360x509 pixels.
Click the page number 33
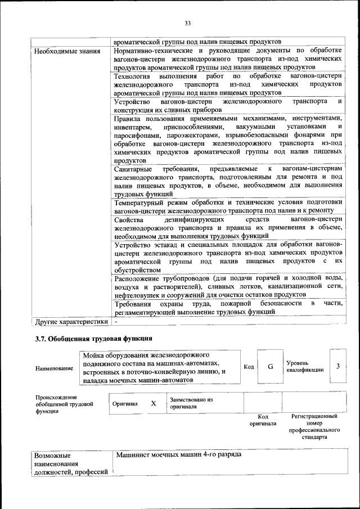pyautogui.click(x=188, y=23)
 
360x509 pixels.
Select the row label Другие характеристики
pyautogui.click(x=71, y=323)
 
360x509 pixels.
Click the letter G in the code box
pyautogui.click(x=270, y=367)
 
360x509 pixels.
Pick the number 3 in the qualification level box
pyautogui.click(x=337, y=367)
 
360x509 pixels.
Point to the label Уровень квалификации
pyautogui.click(x=304, y=367)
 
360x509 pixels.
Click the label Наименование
pyautogui.click(x=54, y=368)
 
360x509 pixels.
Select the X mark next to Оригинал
pyautogui.click(x=153, y=404)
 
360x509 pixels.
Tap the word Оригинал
pyautogui.click(x=125, y=404)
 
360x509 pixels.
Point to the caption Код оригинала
pyautogui.click(x=263, y=420)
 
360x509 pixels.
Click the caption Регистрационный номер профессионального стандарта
pyautogui.click(x=314, y=426)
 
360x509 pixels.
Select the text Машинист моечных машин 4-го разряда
pyautogui.click(x=178, y=454)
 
